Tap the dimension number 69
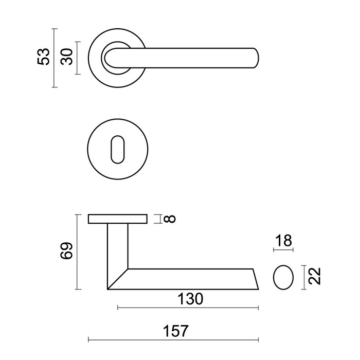coord(66,252)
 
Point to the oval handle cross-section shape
coord(282,278)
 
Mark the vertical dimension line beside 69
coord(77,252)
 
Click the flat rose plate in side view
coord(117,219)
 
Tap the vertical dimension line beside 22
coord(307,278)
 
